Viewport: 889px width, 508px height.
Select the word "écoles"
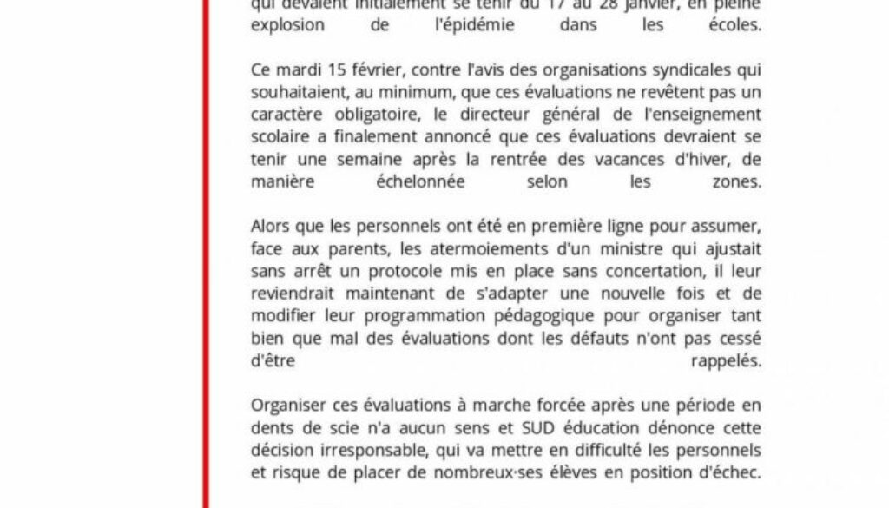pyautogui.click(x=735, y=26)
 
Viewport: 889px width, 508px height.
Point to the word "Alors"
pyautogui.click(x=270, y=228)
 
